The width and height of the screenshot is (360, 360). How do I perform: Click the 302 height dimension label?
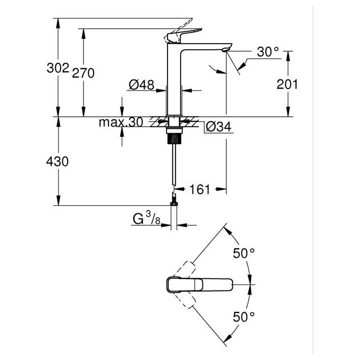[58, 68]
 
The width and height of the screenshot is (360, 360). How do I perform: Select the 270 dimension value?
[83, 73]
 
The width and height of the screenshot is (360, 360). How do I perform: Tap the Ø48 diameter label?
[141, 85]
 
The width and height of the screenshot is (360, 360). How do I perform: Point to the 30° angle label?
[268, 52]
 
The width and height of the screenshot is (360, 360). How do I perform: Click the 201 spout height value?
[287, 84]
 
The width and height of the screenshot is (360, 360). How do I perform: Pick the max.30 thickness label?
[121, 122]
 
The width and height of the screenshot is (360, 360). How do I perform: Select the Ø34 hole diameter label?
[219, 126]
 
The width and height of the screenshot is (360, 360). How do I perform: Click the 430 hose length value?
[57, 162]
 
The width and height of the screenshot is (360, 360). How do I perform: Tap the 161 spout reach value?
[199, 189]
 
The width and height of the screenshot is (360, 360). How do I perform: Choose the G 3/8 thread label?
[147, 218]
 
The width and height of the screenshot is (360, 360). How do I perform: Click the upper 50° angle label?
[244, 254]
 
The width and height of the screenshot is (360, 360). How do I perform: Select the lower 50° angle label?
[244, 317]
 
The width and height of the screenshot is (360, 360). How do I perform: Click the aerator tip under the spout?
[226, 49]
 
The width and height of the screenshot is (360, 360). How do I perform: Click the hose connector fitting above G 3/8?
[174, 199]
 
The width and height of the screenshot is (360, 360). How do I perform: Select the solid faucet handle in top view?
[199, 285]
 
